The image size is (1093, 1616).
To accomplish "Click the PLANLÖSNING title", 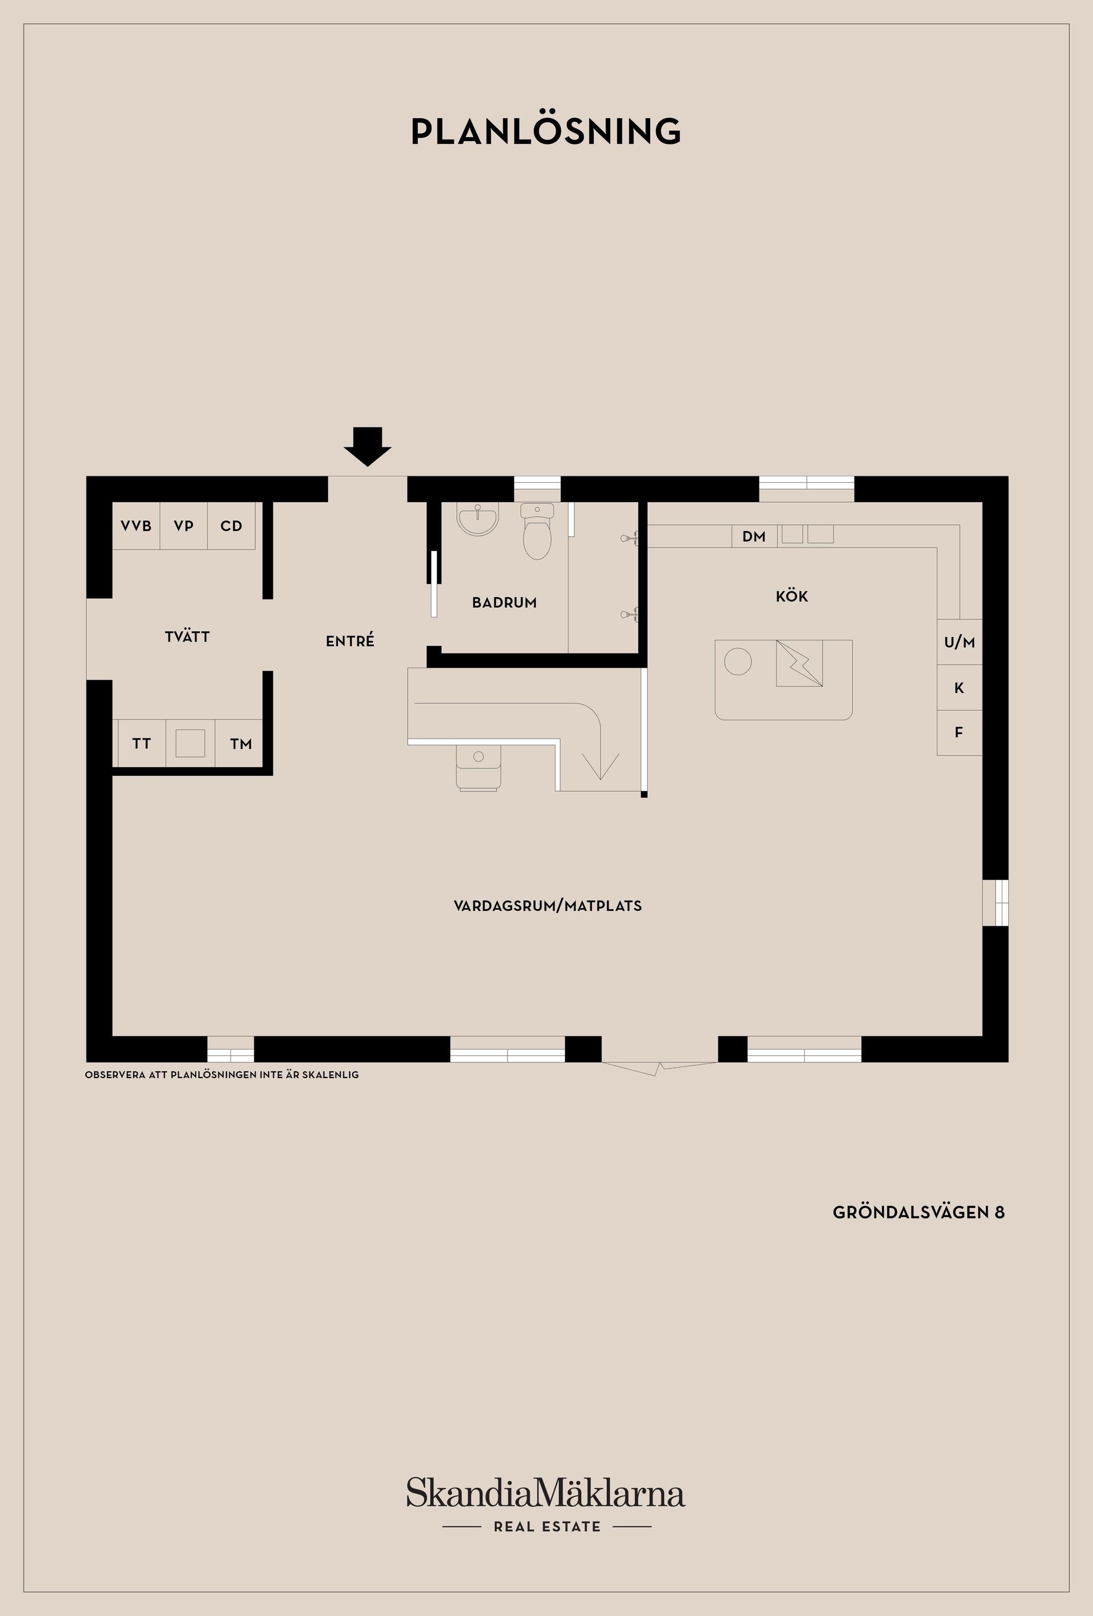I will click(546, 131).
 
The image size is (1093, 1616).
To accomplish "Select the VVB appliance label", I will click(136, 526).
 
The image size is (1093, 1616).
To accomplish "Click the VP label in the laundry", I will click(183, 526).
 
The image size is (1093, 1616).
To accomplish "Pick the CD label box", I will click(232, 526).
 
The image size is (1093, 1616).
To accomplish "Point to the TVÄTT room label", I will click(187, 636).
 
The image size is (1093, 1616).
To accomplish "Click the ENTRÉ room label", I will click(350, 641).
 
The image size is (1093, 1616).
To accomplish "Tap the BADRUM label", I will click(504, 603).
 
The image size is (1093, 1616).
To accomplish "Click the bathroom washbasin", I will click(478, 519).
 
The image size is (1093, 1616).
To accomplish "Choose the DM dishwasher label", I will click(754, 536).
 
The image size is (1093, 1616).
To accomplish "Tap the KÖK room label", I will click(792, 596).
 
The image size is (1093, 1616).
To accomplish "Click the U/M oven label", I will click(959, 643).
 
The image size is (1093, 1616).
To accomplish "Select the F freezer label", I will click(959, 732).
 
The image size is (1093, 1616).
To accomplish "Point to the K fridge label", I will click(959, 688).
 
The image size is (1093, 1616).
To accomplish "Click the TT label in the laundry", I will click(141, 743).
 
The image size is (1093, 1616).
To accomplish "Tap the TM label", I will click(241, 744).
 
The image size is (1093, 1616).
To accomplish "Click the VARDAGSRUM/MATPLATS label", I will click(547, 906).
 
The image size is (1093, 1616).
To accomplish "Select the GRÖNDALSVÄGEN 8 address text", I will click(918, 1212).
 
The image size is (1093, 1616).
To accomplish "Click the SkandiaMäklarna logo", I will click(546, 1494).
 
